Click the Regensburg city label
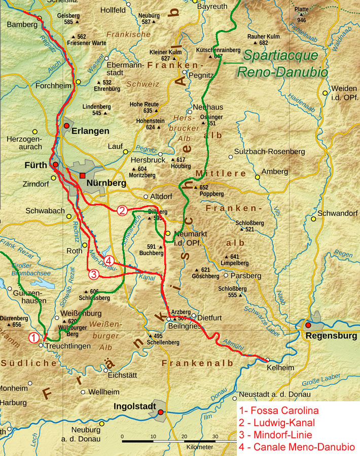tap(326, 336)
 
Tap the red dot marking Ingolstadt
tap(161, 412)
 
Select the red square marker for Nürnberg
tap(83, 176)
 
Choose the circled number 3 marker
tap(93, 274)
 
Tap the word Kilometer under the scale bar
tap(199, 447)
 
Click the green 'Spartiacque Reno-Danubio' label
tap(283, 64)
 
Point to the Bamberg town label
tap(21, 24)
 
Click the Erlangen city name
tap(90, 131)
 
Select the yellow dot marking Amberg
tap(258, 177)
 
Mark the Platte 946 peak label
tap(302, 15)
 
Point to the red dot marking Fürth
tap(55, 165)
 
